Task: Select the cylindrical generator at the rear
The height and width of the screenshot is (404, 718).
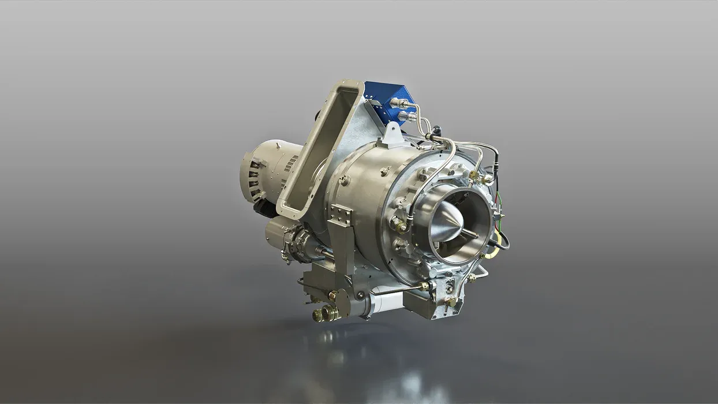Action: point(271,170)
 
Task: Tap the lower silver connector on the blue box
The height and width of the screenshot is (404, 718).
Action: point(407,117)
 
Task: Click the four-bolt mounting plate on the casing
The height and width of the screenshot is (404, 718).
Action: point(341,215)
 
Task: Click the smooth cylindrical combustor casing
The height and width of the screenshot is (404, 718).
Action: point(364,190)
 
